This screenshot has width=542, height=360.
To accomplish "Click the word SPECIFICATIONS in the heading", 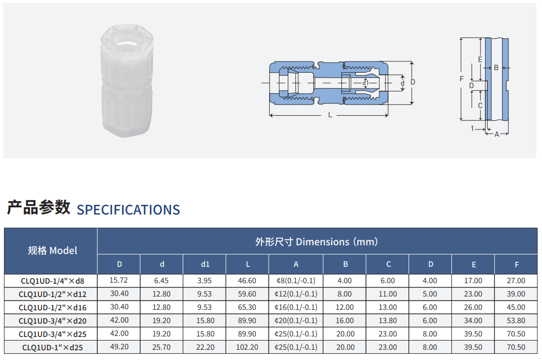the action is click(x=128, y=209).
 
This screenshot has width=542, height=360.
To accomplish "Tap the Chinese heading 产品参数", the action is click(x=38, y=207).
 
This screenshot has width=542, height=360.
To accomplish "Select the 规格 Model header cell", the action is click(x=52, y=250).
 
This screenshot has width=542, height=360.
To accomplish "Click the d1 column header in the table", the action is click(x=205, y=264).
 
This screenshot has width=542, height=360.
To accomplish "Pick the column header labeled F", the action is click(x=517, y=265).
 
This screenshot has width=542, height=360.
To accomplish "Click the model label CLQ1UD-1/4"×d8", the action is click(x=53, y=281).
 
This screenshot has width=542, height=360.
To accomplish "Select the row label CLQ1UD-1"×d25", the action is click(x=53, y=348).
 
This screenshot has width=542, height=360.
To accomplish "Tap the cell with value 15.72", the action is click(x=119, y=280).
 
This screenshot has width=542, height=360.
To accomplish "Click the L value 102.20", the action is click(x=247, y=347).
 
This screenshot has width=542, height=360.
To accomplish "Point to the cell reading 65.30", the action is click(x=247, y=307).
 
